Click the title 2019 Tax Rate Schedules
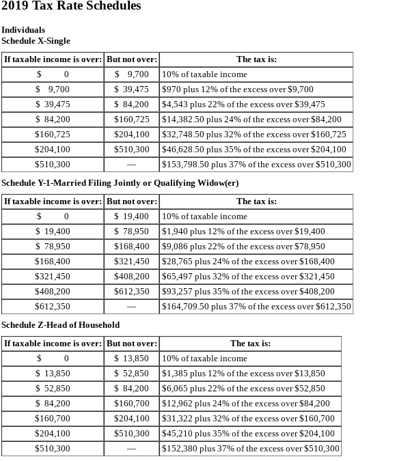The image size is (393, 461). (71, 6)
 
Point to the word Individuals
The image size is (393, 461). (23, 30)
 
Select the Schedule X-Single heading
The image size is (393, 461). (36, 41)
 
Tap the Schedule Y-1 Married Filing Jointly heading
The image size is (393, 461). (120, 183)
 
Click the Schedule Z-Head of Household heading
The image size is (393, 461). (60, 325)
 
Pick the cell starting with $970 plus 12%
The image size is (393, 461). (237, 89)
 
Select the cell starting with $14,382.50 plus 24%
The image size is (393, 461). (251, 120)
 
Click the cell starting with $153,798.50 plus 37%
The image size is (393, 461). (256, 165)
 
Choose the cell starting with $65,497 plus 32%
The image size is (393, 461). (248, 277)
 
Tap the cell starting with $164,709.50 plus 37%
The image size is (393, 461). (256, 307)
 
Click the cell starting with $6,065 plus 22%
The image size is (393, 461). (243, 389)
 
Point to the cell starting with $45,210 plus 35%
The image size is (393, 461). (248, 434)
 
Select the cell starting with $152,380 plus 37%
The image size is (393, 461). (250, 449)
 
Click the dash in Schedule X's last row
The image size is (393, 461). (131, 165)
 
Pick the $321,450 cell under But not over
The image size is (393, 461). (131, 262)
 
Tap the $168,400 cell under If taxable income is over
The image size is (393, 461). (53, 262)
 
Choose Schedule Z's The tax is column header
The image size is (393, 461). (250, 344)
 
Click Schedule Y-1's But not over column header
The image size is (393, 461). (132, 201)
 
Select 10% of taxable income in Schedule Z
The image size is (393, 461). (204, 359)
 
